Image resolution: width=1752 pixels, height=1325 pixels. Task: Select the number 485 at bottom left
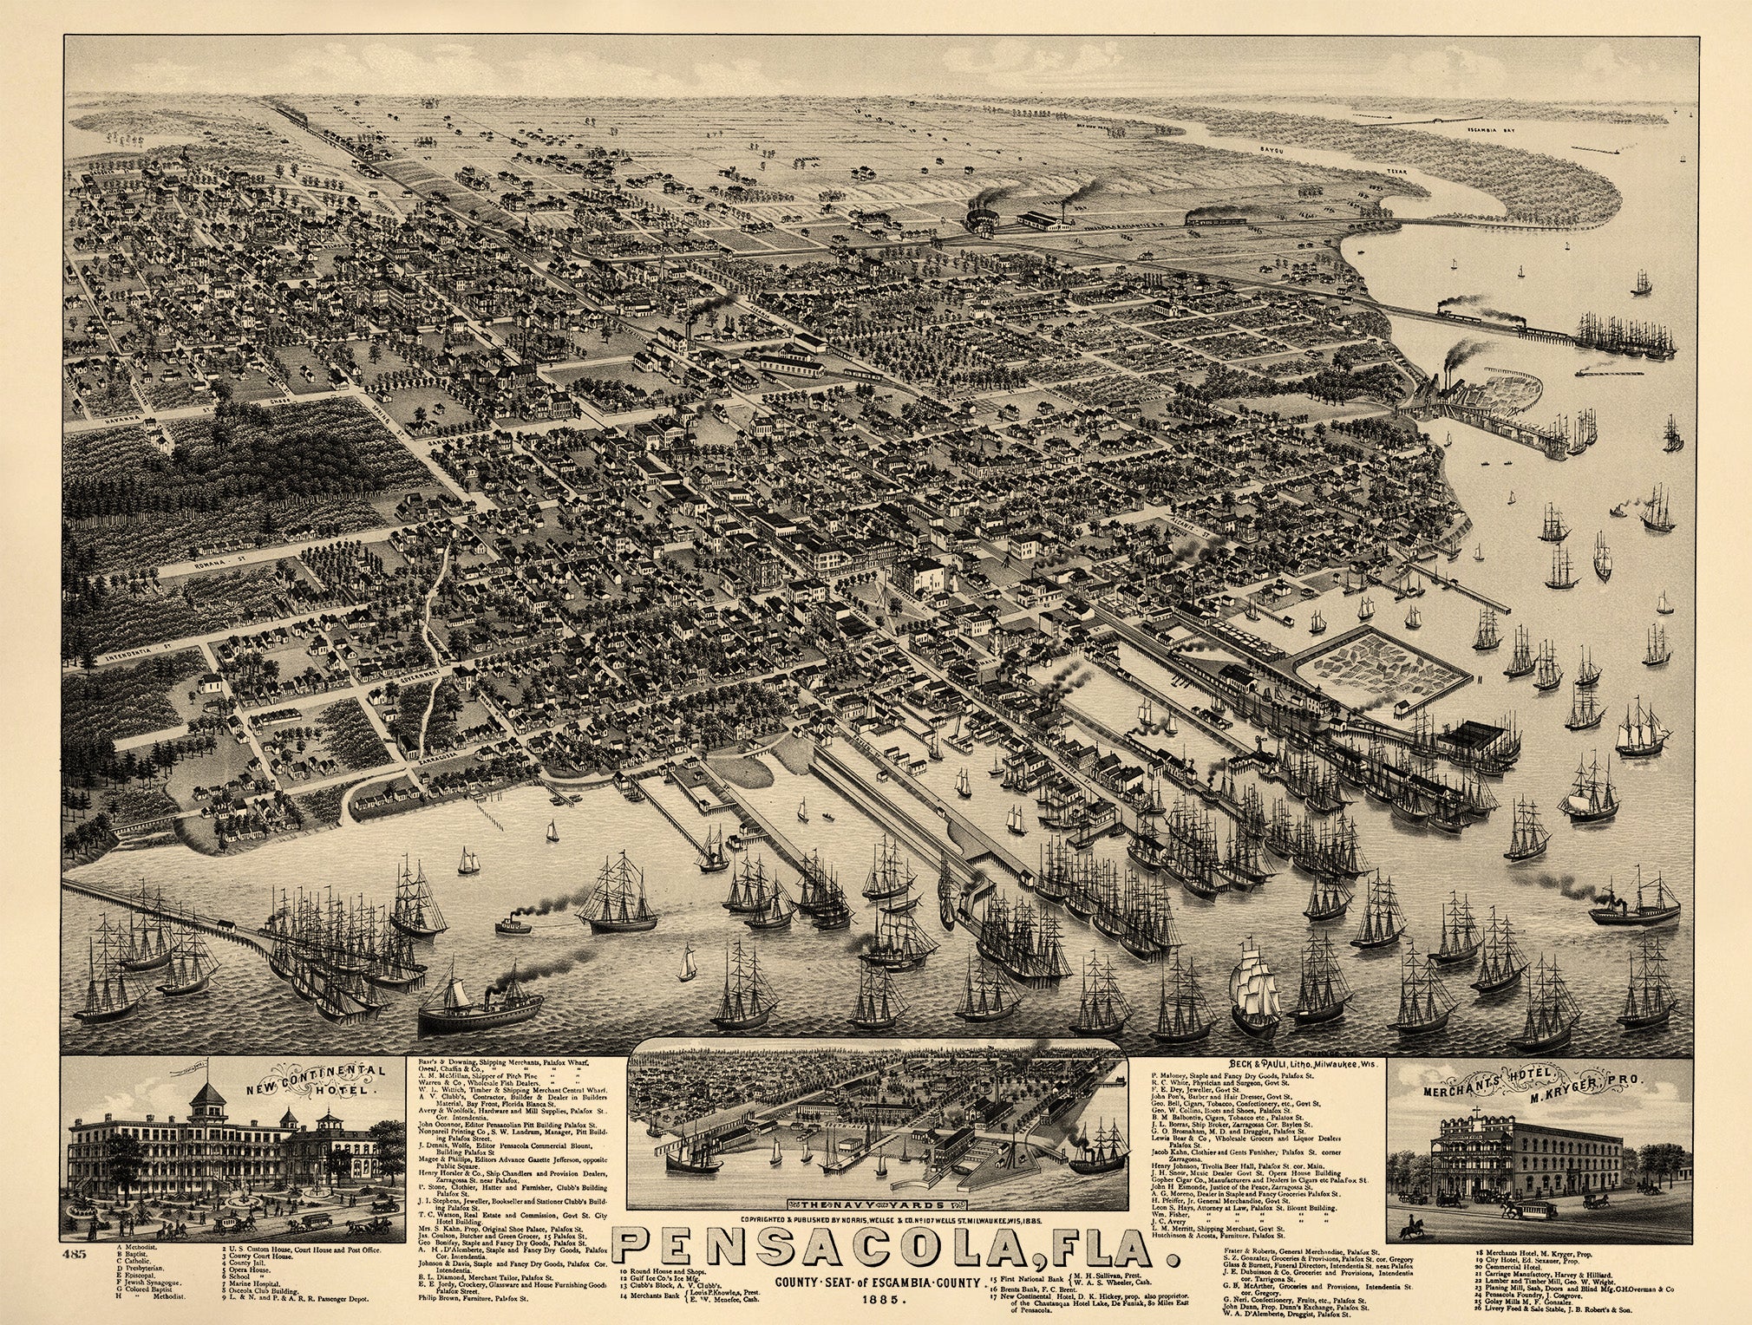point(75,1254)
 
